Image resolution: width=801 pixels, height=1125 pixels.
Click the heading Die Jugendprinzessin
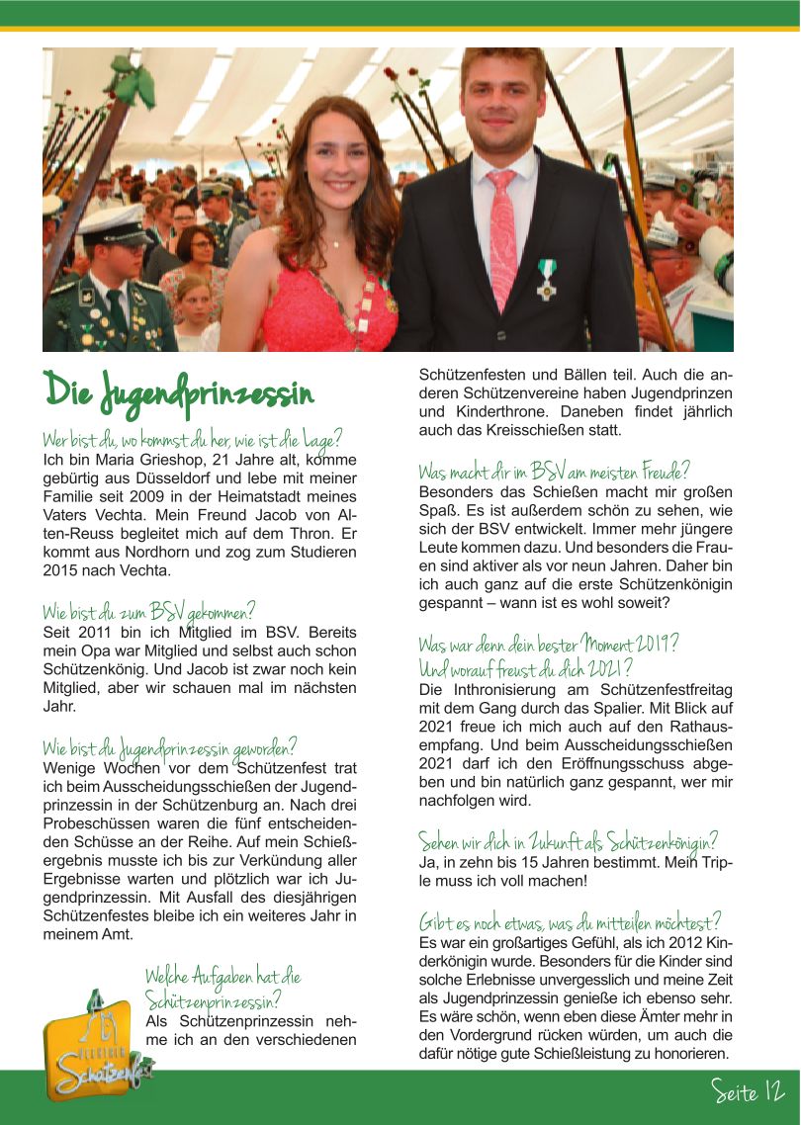tap(178, 390)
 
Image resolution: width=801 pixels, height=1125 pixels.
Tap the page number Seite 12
tap(748, 1092)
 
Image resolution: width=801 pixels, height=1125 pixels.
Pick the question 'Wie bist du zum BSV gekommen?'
tap(149, 611)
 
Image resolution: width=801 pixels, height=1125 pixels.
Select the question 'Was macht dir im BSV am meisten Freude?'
tap(554, 472)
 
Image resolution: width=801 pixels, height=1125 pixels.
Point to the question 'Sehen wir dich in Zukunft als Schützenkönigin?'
tap(568, 841)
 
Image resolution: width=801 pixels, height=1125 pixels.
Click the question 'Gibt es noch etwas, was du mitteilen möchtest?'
tap(570, 922)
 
